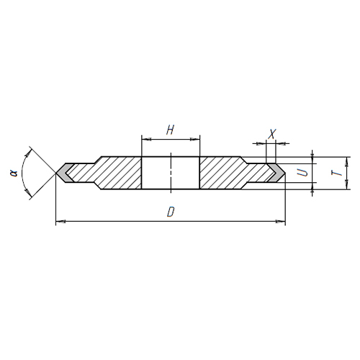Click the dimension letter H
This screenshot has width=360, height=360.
(x=170, y=130)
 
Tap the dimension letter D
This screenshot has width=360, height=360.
(x=170, y=212)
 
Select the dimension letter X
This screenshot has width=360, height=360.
(x=271, y=134)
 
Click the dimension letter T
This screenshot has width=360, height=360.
(x=338, y=173)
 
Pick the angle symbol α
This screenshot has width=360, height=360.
(x=14, y=173)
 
